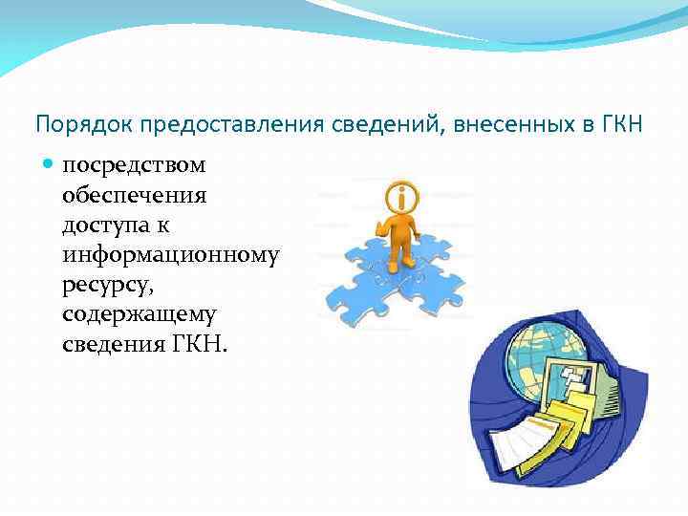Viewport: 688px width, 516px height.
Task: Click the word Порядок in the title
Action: click(71, 124)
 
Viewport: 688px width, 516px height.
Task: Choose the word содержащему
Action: click(140, 314)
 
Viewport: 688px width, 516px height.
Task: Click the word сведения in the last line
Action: click(113, 344)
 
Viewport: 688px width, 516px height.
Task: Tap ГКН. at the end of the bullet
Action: click(199, 344)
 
